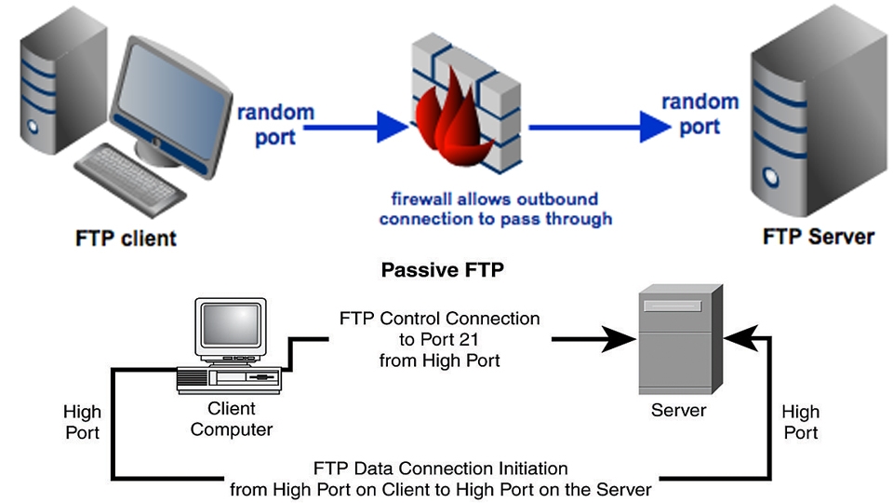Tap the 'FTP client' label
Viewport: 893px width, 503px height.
coord(126,238)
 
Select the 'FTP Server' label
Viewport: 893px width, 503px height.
coord(818,236)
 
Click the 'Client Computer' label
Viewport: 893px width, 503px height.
coord(232,419)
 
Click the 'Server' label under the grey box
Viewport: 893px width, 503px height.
coord(679,410)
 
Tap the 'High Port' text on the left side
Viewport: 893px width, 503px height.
coord(82,421)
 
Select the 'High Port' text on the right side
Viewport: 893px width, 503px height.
coord(800,421)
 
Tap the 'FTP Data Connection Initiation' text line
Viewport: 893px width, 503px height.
coord(440,468)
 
